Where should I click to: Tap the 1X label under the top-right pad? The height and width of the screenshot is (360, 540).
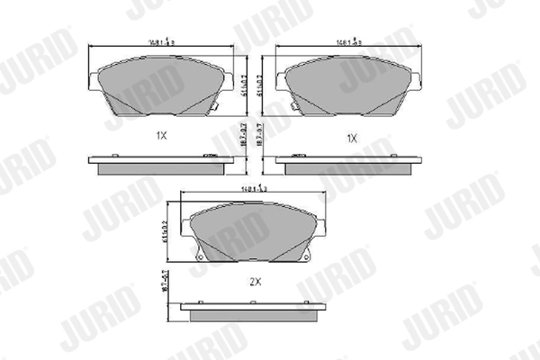tap(352, 138)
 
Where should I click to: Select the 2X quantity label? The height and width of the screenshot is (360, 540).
tap(255, 281)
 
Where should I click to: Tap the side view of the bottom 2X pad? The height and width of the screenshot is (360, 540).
tap(252, 309)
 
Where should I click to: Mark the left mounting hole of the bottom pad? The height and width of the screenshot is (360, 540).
tap(199, 261)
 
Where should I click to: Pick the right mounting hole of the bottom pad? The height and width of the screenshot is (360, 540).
tap(305, 261)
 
